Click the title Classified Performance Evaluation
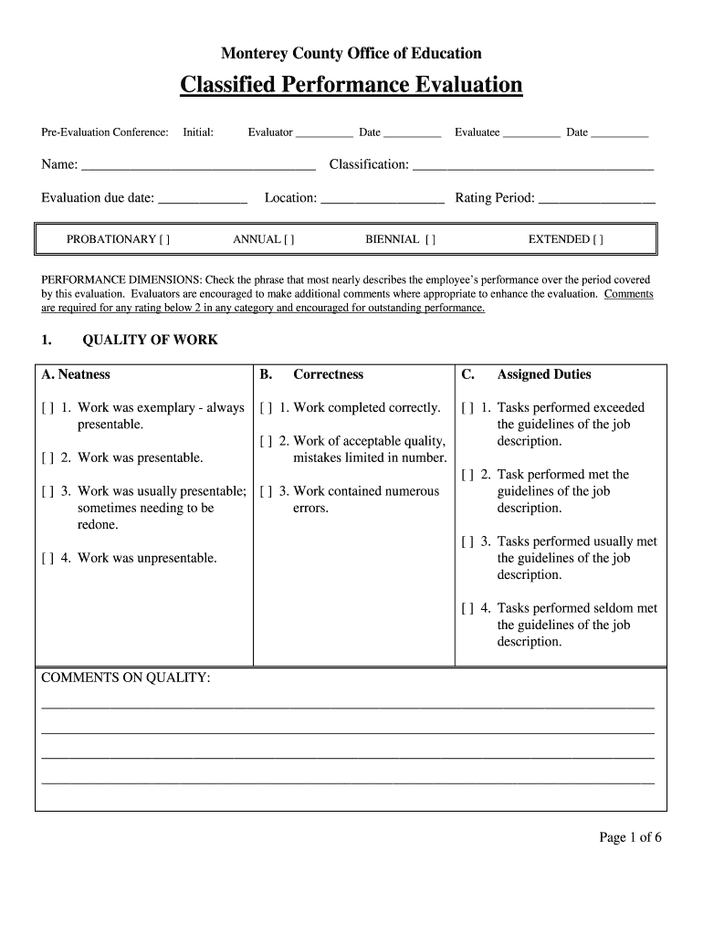point(351,85)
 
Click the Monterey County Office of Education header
point(351,53)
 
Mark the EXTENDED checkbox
point(597,239)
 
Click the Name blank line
point(198,166)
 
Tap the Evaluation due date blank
point(203,199)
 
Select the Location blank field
point(383,199)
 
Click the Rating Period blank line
point(597,199)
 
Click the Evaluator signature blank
point(324,133)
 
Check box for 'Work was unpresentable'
point(48,558)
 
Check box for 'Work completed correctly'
point(267,408)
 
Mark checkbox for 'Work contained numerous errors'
point(267,491)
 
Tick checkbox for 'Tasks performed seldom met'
point(467,608)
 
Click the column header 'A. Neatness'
point(76,374)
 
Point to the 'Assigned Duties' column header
point(543,374)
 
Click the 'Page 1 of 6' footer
point(630,837)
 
